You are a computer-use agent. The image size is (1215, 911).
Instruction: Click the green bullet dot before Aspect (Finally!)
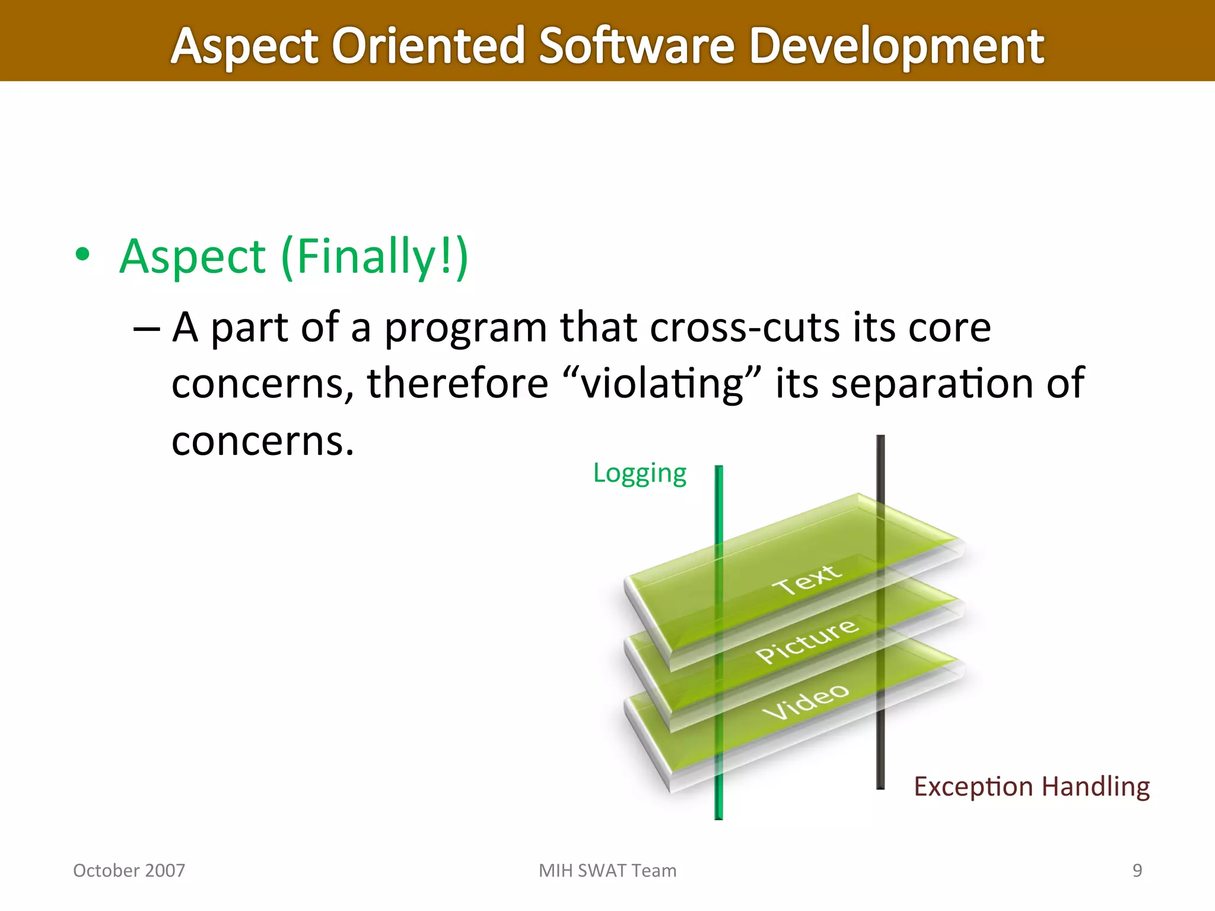[x=83, y=255]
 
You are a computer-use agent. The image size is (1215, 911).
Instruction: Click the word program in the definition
[x=466, y=328]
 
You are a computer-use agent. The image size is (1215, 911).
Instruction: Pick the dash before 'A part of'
[x=147, y=329]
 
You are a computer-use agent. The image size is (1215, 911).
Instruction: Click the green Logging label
[x=640, y=473]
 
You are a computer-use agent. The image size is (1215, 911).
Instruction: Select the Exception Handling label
[x=1031, y=786]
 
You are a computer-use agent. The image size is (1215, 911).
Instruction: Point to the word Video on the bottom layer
[x=806, y=702]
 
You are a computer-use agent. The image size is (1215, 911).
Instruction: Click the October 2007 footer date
[x=129, y=870]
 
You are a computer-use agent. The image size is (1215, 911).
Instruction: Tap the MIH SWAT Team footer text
[x=607, y=870]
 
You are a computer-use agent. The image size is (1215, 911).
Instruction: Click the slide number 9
[x=1137, y=870]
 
